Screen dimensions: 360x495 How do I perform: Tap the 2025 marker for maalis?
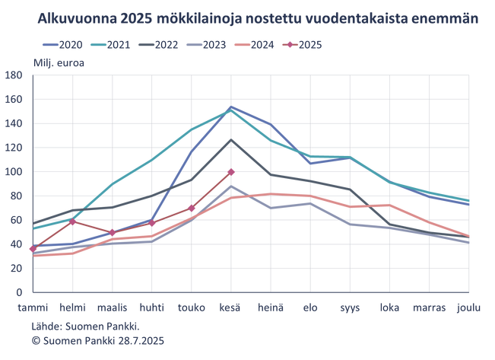[112, 232]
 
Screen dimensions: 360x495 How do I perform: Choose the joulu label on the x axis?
[470, 307]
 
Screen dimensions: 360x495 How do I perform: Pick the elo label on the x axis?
[310, 307]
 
